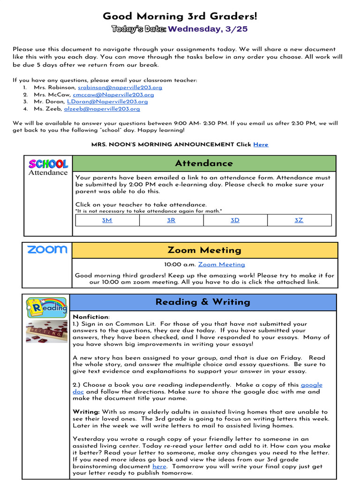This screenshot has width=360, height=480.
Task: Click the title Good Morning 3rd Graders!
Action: click(x=180, y=16)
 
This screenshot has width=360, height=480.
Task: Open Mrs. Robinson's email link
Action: click(x=120, y=87)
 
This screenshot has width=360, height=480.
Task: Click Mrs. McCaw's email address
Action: click(x=113, y=94)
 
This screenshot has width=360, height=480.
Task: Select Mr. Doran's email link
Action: click(x=107, y=101)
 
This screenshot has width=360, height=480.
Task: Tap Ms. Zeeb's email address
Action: click(x=102, y=109)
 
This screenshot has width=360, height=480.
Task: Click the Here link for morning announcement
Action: click(x=261, y=144)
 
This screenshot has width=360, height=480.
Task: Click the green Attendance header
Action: click(x=204, y=163)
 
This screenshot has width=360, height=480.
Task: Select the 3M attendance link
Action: click(x=107, y=220)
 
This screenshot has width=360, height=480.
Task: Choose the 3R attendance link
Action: click(x=171, y=220)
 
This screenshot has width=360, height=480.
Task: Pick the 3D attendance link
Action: click(x=235, y=220)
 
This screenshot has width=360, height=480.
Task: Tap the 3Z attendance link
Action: click(x=299, y=220)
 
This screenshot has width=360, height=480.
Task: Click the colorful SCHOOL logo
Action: click(x=48, y=164)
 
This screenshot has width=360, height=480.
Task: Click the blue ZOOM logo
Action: click(x=47, y=249)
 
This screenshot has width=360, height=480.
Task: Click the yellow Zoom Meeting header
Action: click(x=204, y=250)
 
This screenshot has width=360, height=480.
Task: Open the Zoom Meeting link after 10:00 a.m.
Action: click(x=221, y=264)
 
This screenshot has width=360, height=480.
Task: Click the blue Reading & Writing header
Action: click(x=202, y=302)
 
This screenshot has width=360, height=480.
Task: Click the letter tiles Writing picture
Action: click(x=46, y=331)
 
